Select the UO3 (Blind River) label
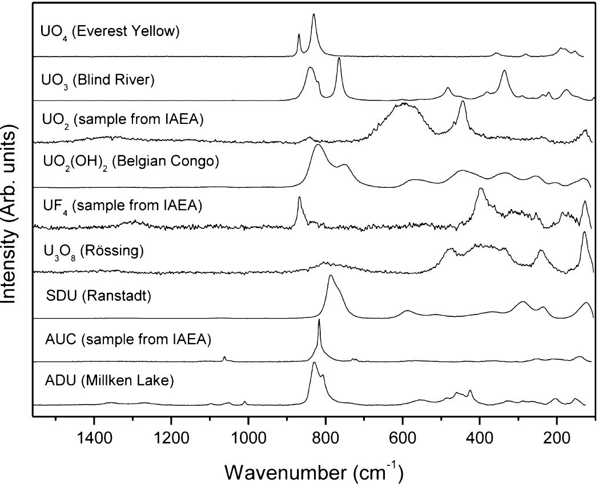tap(98, 81)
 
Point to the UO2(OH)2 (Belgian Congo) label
tap(131, 162)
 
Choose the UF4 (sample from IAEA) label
tap(122, 204)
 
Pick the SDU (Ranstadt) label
tap(98, 296)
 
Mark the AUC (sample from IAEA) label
tap(128, 340)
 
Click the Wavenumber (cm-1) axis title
tap(315, 472)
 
